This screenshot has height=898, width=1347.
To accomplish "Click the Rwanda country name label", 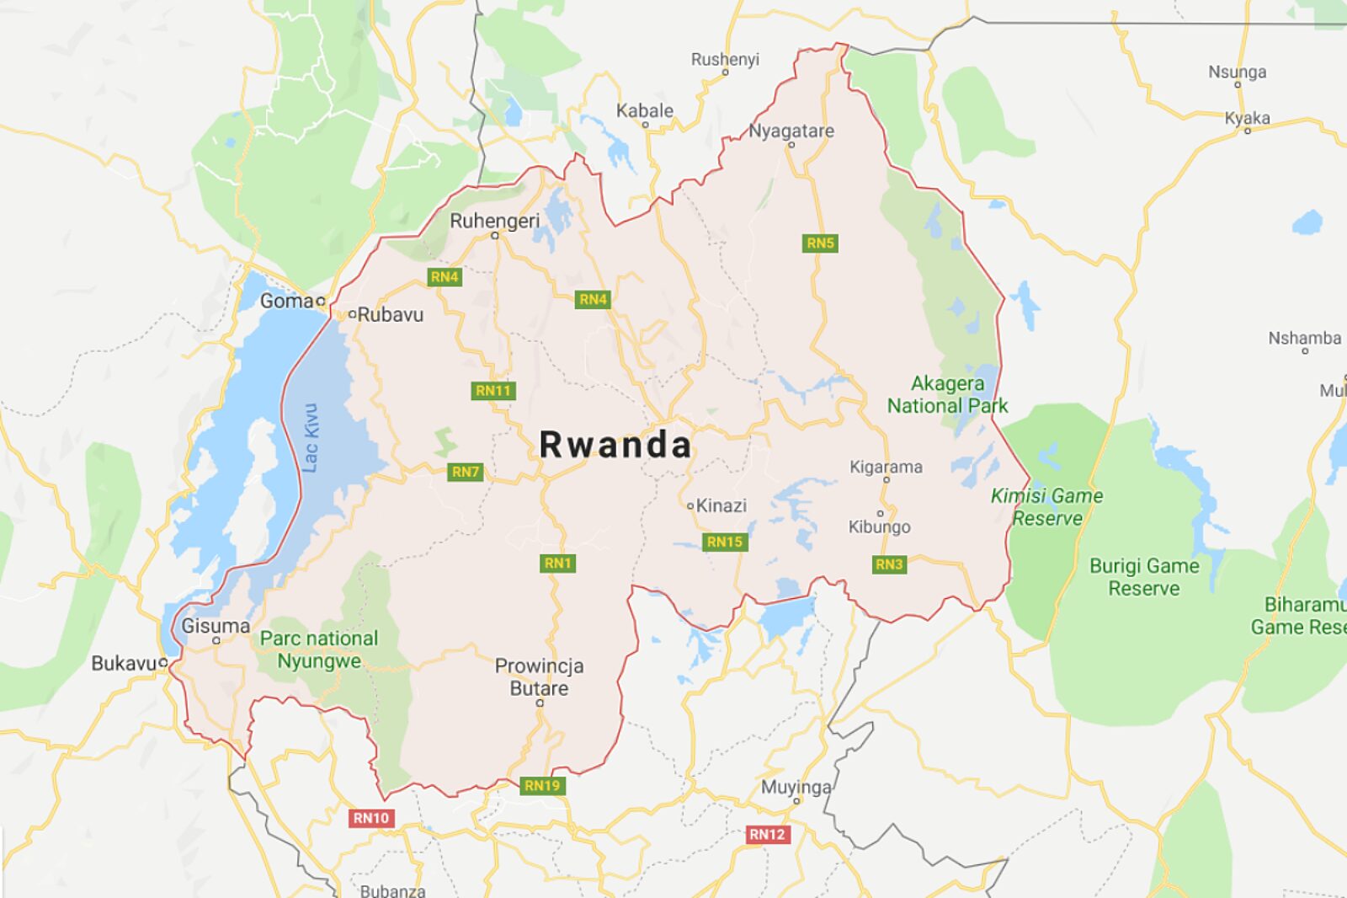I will point(615,445).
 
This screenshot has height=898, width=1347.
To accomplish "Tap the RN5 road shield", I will point(820,243).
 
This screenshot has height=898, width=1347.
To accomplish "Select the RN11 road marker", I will point(493,391).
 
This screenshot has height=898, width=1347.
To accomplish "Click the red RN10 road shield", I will point(371,818).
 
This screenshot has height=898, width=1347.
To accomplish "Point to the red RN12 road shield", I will point(767,835).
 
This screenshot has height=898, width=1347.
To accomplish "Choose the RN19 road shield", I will point(542,786).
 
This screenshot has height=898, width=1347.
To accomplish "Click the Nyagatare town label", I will point(791,131).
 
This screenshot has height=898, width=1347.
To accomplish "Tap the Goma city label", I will point(286,301).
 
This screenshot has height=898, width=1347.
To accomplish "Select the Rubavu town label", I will point(390,315).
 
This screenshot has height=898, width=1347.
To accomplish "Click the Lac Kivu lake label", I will point(311,437).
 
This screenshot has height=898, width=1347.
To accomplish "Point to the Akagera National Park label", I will point(947,395).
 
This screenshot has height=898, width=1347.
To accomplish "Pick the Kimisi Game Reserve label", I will point(1046,507).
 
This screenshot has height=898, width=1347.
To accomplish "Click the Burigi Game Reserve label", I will point(1143,577).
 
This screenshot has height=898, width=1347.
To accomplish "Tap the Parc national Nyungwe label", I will point(319,649).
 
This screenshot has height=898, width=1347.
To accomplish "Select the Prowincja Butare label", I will point(539,677).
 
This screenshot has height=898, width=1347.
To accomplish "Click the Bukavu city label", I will point(123,664).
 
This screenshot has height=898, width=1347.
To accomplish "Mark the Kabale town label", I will point(645,111).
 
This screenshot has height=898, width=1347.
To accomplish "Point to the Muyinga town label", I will point(796,788).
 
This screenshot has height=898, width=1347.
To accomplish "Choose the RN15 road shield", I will point(725,543).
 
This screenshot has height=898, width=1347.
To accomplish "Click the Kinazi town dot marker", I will point(690,506).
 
